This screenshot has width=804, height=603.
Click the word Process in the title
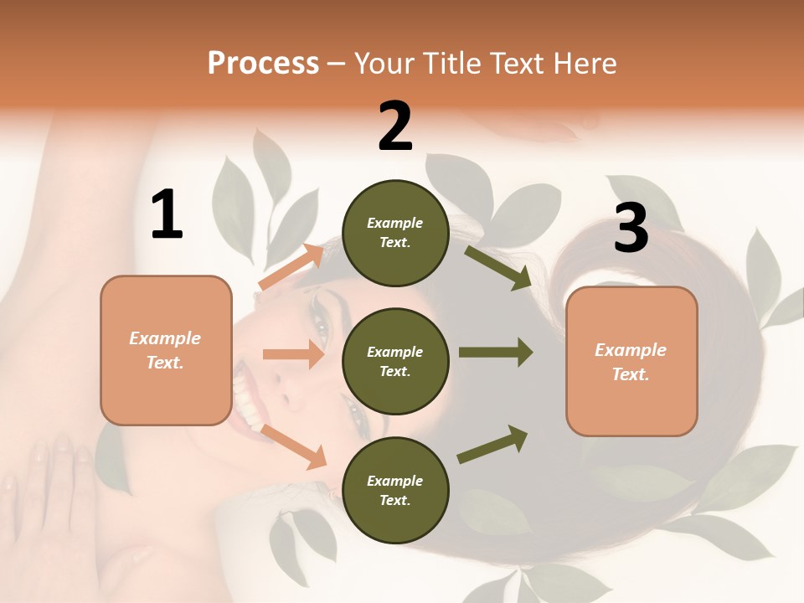click(263, 64)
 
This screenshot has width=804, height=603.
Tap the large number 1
click(167, 215)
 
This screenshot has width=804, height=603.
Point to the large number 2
click(395, 126)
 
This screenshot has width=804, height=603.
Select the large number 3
click(631, 229)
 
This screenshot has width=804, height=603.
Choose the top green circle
click(395, 233)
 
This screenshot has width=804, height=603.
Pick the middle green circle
click(395, 361)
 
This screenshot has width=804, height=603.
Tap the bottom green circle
click(395, 490)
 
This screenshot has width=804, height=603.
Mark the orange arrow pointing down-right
click(293, 446)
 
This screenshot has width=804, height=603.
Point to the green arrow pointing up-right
click(493, 444)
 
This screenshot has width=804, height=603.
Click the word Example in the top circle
click(395, 224)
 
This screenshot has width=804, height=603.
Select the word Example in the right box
click(631, 350)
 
